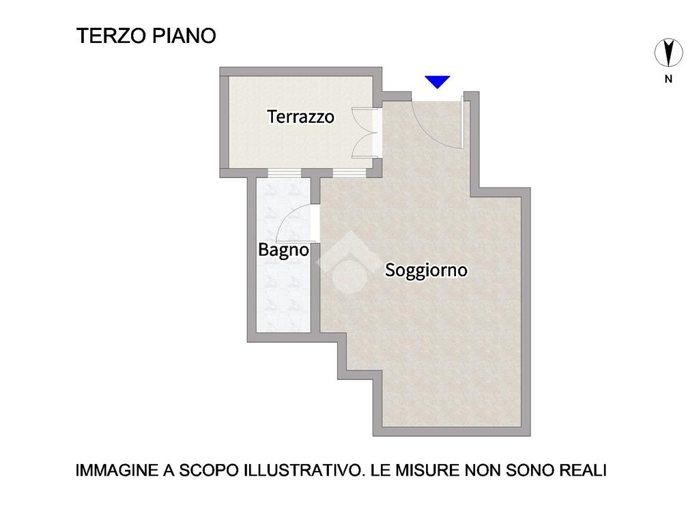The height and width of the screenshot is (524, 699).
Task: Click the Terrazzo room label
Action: click(x=301, y=117)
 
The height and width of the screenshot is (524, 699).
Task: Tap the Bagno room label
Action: click(x=283, y=250)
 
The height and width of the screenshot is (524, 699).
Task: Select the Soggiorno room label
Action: click(x=427, y=270)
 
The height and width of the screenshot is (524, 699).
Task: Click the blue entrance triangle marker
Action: click(x=438, y=82)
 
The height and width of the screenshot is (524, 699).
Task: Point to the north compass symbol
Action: click(x=668, y=53)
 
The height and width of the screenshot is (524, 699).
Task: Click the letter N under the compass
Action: click(x=668, y=79)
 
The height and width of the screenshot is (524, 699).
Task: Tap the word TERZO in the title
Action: click(x=112, y=35)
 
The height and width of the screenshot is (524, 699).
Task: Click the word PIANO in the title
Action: click(x=184, y=35)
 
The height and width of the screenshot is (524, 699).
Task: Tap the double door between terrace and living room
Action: click(x=363, y=133)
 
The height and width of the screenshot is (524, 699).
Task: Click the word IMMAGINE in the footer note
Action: click(x=117, y=471)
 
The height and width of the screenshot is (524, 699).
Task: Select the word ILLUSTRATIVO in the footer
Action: click(x=302, y=471)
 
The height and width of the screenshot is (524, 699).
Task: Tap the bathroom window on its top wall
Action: click(x=285, y=173)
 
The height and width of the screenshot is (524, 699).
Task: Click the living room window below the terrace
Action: click(x=350, y=173)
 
